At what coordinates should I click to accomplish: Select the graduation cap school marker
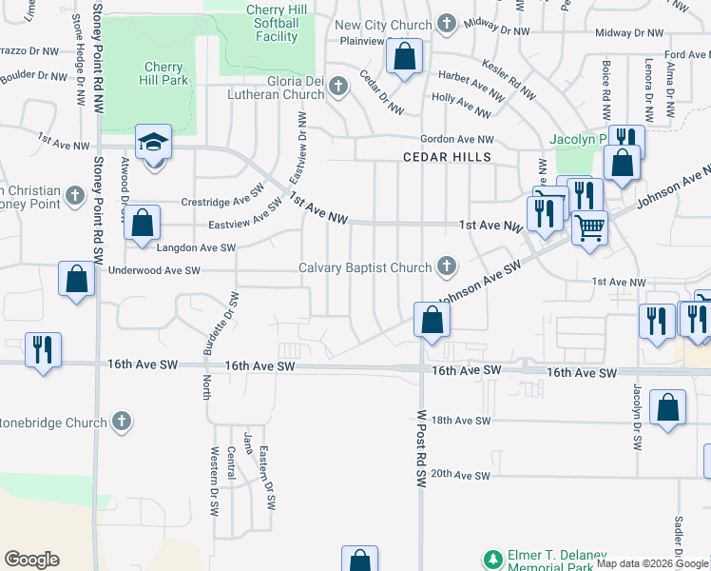coord(153,143)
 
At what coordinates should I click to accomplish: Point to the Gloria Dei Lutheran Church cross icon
coord(336,88)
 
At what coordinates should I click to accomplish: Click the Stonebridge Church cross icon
coord(121,420)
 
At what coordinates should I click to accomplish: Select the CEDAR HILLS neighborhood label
coord(447,157)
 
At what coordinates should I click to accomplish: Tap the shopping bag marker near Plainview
coord(404,57)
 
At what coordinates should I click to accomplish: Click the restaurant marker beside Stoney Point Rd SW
coord(42,349)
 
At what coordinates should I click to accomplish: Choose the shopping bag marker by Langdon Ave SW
coord(142,224)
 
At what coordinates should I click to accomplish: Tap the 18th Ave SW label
coord(460,420)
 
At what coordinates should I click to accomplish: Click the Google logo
coord(31,560)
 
